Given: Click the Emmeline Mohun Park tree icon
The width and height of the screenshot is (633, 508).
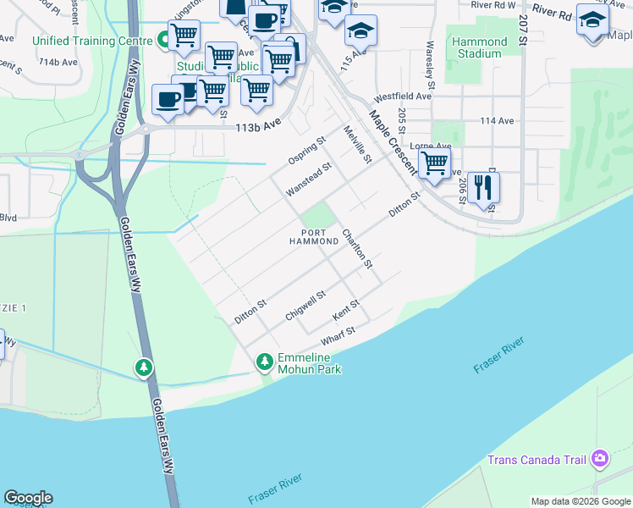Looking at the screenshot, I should (265, 362).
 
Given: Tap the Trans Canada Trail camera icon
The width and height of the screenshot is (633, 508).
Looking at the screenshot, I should (600, 459).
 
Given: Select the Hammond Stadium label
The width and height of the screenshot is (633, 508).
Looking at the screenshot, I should (478, 47).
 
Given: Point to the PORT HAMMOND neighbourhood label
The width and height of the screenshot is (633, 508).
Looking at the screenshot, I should (313, 236).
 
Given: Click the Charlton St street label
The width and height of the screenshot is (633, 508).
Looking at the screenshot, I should (357, 248).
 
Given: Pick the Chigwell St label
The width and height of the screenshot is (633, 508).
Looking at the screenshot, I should (305, 305).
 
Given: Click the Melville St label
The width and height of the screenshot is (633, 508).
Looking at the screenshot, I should (356, 144).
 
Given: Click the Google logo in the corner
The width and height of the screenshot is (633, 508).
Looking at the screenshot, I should (28, 498).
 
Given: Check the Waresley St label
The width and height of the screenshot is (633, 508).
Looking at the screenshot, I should (431, 56).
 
